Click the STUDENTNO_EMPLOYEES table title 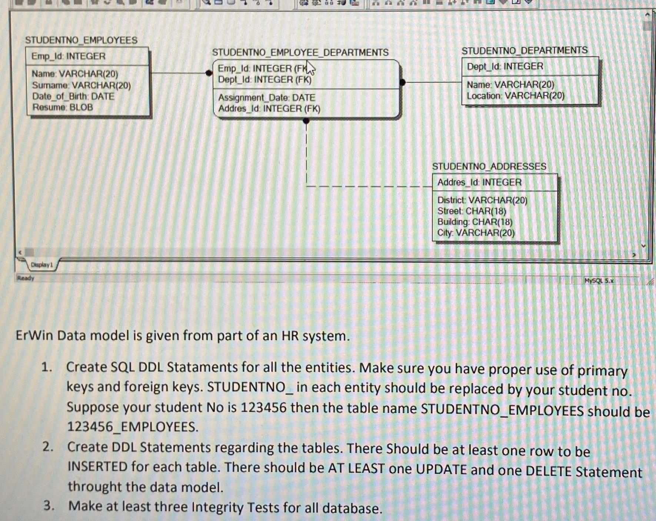(x=81, y=40)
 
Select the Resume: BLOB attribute (x=63, y=107)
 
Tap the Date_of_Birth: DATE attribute (x=73, y=96)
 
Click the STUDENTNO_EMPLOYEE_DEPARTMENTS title (x=300, y=53)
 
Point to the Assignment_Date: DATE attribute (x=267, y=97)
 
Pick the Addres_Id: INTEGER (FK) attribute (x=269, y=109)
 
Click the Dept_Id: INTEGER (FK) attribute (x=264, y=80)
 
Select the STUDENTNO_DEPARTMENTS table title (x=525, y=50)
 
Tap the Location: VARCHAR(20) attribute (x=516, y=96)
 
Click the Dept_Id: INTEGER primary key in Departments (x=505, y=67)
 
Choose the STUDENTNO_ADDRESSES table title (x=489, y=166)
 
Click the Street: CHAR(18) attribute (x=472, y=211)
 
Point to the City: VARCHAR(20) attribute (x=476, y=233)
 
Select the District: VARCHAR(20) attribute (x=482, y=200)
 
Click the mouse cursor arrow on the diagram (x=310, y=67)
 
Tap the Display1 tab (x=41, y=265)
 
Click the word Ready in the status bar (x=26, y=278)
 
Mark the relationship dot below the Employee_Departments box (x=306, y=121)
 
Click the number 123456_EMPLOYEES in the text (x=133, y=427)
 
